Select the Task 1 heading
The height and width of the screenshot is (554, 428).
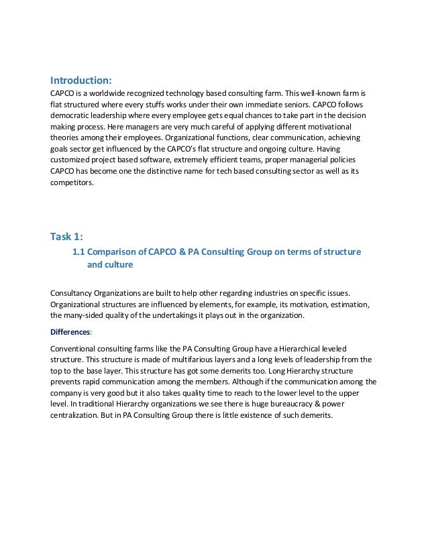(x=66, y=235)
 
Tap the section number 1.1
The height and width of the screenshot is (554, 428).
(x=79, y=252)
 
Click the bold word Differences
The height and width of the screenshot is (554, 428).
(x=71, y=331)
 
